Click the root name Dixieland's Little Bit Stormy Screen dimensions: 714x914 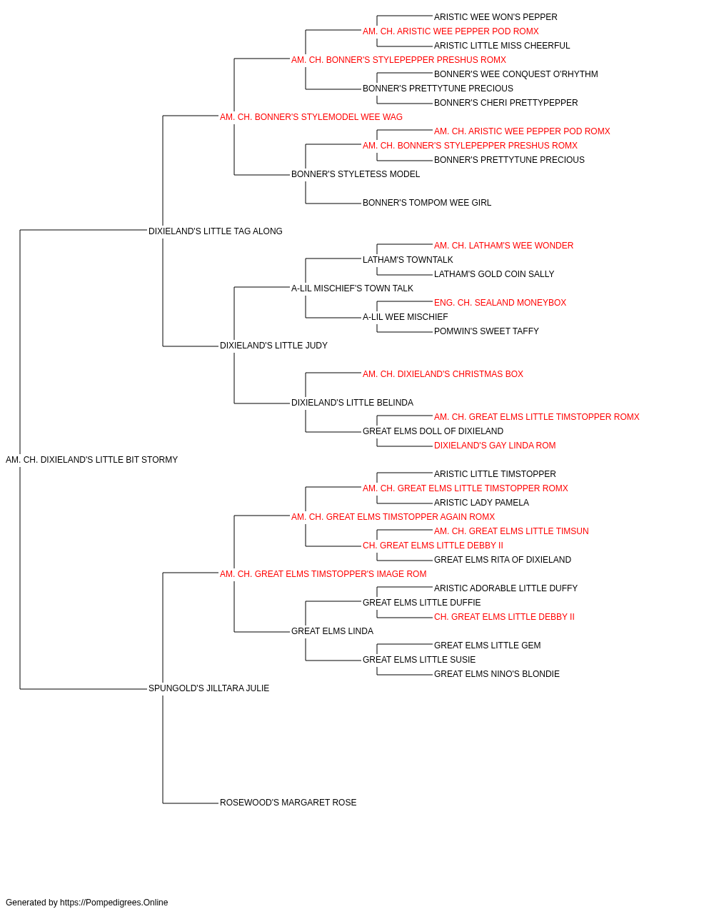click(x=91, y=460)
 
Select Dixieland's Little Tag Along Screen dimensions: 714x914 click(x=216, y=231)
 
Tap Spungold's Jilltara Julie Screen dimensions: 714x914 click(x=208, y=688)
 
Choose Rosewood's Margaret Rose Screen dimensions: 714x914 click(x=288, y=803)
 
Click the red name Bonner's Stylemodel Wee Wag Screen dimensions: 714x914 click(x=311, y=117)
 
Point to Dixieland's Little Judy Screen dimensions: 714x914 click(x=273, y=346)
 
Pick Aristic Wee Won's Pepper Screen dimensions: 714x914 click(x=496, y=17)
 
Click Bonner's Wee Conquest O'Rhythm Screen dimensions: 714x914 click(x=516, y=74)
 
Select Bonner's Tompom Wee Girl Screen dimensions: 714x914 click(x=427, y=203)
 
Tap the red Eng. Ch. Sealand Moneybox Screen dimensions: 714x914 click(x=500, y=303)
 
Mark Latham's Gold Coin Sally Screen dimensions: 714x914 click(x=494, y=273)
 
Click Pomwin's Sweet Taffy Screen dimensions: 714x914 click(x=486, y=331)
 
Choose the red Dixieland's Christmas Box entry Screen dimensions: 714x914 click(x=443, y=374)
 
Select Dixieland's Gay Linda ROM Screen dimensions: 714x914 click(x=495, y=446)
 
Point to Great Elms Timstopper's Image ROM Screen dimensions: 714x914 click(x=323, y=573)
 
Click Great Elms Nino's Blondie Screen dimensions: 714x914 click(x=497, y=674)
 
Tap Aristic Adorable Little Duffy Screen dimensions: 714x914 click(x=506, y=588)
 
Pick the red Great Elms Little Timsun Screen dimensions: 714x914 click(x=511, y=531)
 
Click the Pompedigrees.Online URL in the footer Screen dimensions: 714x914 click(x=114, y=903)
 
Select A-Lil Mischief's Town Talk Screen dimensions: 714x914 click(x=353, y=288)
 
